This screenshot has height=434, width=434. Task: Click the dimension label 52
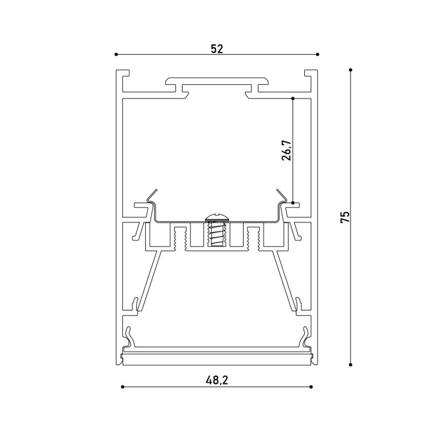(x=217, y=49)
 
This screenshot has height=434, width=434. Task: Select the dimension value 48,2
(x=217, y=380)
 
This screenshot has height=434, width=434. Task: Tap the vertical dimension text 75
(x=345, y=217)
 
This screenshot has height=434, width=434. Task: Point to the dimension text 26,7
(x=287, y=150)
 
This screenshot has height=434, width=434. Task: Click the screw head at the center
(x=217, y=217)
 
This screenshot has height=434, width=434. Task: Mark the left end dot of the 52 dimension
(x=116, y=54)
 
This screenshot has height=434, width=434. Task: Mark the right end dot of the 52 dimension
(x=318, y=54)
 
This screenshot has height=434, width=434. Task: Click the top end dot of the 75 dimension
(x=350, y=69)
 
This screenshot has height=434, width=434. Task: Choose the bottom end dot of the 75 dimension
(x=350, y=365)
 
